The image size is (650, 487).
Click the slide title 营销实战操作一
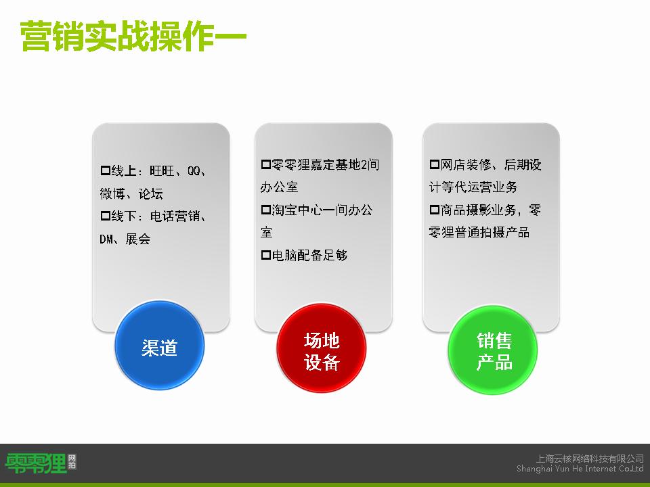point(133,37)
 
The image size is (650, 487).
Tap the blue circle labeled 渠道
point(160,346)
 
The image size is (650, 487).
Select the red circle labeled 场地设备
point(322,348)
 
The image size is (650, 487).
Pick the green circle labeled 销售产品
point(493,350)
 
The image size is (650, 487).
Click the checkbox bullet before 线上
point(106,170)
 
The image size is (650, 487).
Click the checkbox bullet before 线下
point(106,216)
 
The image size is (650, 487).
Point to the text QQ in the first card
point(194,170)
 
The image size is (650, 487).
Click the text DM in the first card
point(106,239)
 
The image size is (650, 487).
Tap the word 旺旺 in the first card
point(162,170)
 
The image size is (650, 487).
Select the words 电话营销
point(175,216)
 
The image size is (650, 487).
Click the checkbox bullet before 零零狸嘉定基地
point(265,164)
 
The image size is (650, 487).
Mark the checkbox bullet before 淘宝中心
point(265,210)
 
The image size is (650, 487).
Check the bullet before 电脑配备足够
point(265,255)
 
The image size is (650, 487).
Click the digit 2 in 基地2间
point(364,165)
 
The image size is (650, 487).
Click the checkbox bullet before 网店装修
point(434,164)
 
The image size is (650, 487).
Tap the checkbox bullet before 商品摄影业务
point(434,210)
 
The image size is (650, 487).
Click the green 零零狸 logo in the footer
point(36,463)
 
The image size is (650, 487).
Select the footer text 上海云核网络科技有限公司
point(590,459)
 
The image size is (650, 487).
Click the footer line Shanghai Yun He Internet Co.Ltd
point(580,469)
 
